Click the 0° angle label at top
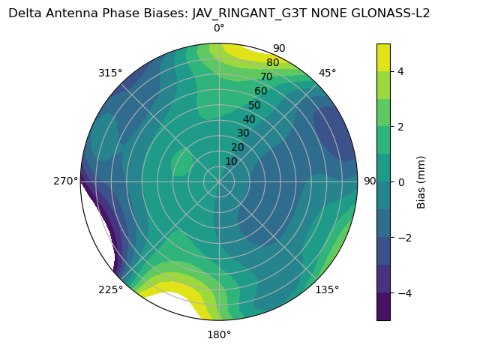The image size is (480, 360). [219, 28]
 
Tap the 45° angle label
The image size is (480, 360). [327, 73]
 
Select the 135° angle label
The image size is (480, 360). [327, 289]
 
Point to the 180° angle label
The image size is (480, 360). [219, 334]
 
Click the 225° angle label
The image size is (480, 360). [110, 289]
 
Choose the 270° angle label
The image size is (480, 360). [66, 181]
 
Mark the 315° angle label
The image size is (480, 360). [110, 73]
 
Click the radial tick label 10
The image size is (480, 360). [231, 161]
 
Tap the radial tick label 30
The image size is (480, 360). [243, 133]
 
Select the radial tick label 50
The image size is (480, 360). [254, 105]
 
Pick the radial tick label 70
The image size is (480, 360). [266, 76]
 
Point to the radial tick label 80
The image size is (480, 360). [272, 62]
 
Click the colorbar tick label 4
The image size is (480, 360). [401, 71]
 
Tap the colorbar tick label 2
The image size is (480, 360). [401, 127]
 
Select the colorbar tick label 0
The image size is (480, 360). [401, 181]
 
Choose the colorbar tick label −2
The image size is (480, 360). [403, 237]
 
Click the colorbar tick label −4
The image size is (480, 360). [403, 292]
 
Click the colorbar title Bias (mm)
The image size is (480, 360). [421, 181]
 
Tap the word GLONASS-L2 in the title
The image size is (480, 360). [392, 13]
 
